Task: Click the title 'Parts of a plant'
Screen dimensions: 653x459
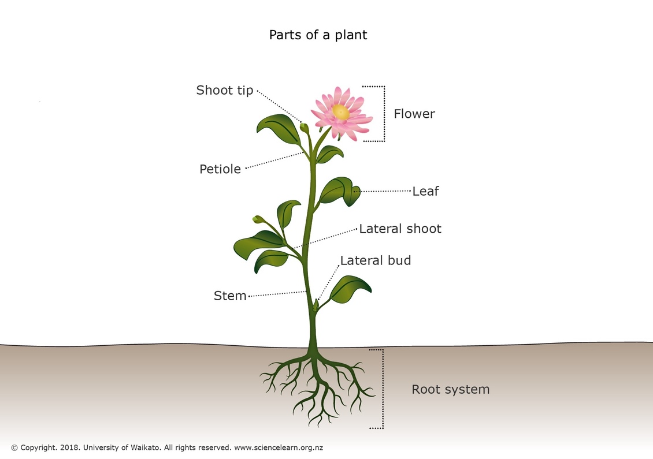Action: click(318, 35)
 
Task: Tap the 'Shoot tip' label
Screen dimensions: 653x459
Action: click(224, 90)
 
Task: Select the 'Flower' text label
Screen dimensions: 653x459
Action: click(414, 114)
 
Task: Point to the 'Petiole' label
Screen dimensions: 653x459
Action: click(220, 169)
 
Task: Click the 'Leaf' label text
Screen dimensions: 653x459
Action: click(426, 191)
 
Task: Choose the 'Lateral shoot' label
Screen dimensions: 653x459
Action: click(400, 229)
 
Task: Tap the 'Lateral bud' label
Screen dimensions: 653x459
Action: click(376, 260)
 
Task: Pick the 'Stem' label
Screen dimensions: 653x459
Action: click(230, 296)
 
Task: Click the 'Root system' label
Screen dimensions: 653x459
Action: click(451, 390)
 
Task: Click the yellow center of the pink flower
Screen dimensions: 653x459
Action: click(341, 111)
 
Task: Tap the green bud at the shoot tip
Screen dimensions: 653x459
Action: click(305, 128)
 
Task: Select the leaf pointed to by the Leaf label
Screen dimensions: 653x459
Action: click(340, 191)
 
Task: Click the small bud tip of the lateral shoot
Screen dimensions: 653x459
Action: click(258, 219)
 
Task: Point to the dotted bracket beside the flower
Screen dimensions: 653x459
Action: click(384, 114)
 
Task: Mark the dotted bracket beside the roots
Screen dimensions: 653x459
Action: click(383, 389)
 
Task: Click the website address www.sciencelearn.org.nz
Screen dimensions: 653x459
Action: click(279, 448)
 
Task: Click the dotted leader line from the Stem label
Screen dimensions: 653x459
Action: click(277, 294)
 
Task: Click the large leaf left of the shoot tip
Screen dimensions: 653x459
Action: click(279, 129)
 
